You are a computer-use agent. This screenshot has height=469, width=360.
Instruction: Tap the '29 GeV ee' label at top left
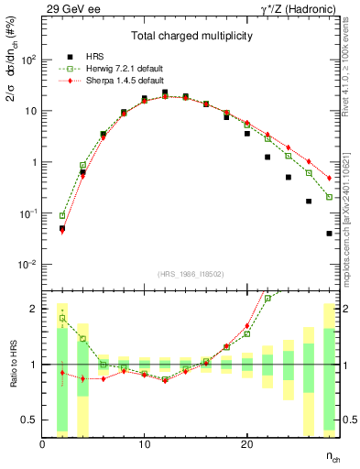tap(71, 8)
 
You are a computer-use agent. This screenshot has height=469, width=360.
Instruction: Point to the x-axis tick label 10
tap(144, 444)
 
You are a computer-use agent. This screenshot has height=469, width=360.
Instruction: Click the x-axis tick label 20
tap(246, 444)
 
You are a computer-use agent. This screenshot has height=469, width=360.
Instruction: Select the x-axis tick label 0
tap(42, 444)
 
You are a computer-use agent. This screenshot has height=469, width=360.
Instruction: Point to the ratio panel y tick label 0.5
tap(29, 419)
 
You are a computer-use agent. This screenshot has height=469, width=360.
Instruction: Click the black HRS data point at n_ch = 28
tap(329, 234)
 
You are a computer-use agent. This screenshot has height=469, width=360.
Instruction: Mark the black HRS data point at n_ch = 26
tap(309, 202)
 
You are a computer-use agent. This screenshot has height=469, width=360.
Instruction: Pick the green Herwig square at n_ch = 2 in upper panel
tap(62, 215)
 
